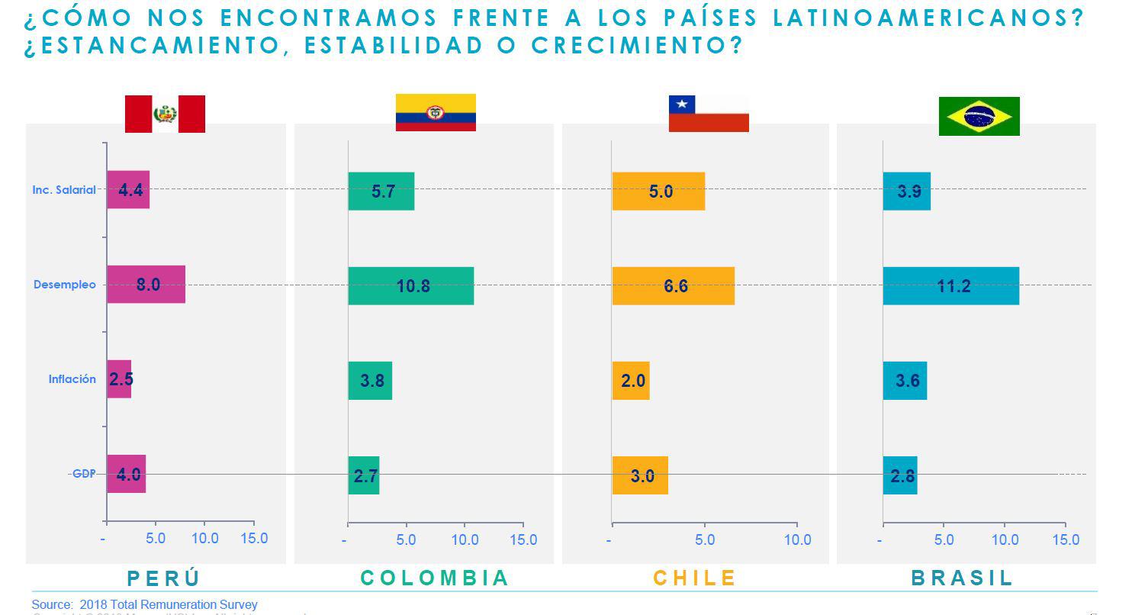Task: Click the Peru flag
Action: click(165, 114)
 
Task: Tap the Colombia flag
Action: click(436, 112)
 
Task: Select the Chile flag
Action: click(709, 114)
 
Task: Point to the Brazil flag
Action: click(979, 116)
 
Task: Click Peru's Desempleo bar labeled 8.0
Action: click(146, 285)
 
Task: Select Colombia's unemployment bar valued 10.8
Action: click(410, 286)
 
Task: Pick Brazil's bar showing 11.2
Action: click(950, 286)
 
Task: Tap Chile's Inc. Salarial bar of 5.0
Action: click(658, 192)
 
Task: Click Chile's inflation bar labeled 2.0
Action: click(631, 380)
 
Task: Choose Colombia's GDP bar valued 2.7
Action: click(364, 475)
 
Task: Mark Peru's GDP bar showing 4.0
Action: click(126, 474)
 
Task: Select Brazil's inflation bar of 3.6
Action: click(905, 380)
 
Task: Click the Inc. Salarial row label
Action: click(64, 190)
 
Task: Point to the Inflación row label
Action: click(72, 379)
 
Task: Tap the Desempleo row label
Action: click(65, 285)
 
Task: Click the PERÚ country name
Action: click(163, 578)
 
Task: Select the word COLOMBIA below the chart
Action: click(434, 578)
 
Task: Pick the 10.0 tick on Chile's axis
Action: click(797, 540)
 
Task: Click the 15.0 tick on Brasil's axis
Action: click(1066, 540)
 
